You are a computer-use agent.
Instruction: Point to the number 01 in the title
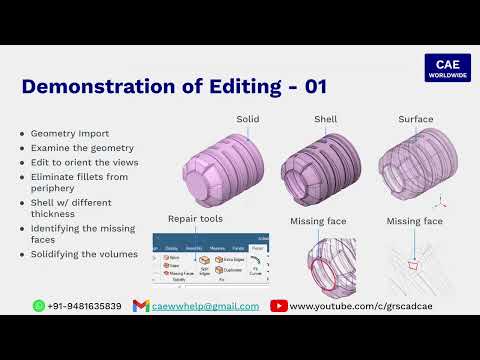[316, 86]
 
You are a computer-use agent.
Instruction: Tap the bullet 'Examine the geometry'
[76, 147]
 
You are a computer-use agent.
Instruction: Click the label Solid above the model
[248, 120]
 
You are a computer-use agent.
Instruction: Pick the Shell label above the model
[326, 120]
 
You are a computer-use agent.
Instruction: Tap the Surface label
[416, 120]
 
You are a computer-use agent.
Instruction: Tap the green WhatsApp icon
[39, 305]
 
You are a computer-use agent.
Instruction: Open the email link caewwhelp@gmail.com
[206, 306]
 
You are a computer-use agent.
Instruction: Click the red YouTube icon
[279, 306]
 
